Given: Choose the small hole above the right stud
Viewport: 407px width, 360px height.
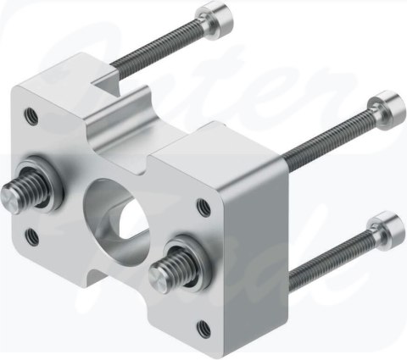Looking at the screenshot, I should coord(203,203).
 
